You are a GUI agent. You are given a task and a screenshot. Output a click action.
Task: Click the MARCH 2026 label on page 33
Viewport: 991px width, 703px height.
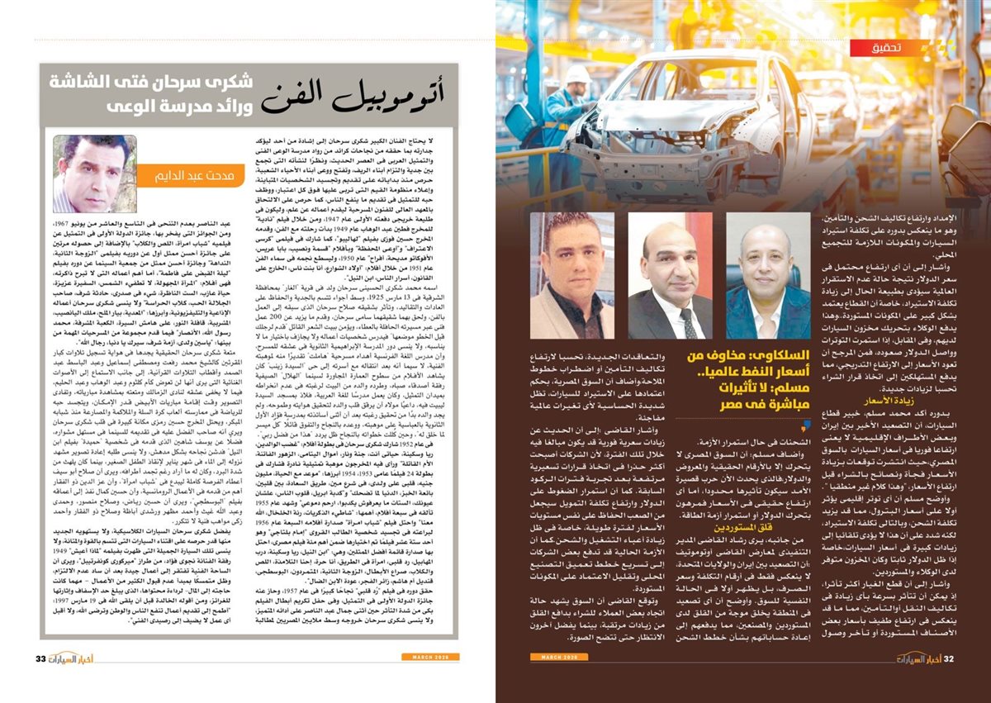click(432, 657)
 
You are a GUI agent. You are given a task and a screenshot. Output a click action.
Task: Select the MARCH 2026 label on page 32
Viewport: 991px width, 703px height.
click(557, 657)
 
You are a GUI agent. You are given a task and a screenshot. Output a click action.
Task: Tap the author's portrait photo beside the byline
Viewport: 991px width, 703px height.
click(83, 173)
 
